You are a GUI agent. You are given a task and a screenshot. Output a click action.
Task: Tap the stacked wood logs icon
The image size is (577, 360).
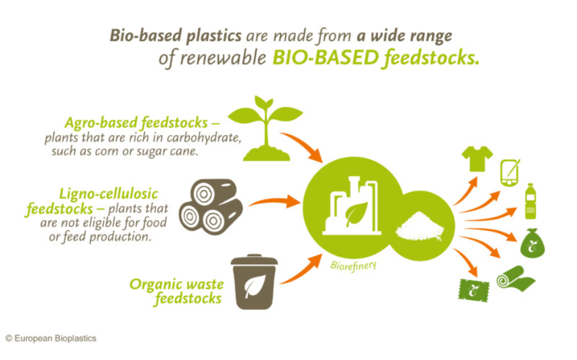[x=211, y=206]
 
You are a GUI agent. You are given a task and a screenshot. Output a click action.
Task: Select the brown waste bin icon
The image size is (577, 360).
[x=254, y=282]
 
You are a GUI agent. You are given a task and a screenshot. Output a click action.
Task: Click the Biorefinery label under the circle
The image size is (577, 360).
[x=354, y=266]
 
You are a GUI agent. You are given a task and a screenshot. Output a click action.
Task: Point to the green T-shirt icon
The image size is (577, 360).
[x=478, y=158]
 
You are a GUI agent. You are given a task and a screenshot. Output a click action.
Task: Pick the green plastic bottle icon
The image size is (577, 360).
[x=530, y=201]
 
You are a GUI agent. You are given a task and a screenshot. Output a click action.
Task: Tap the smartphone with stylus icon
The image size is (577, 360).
[x=510, y=173]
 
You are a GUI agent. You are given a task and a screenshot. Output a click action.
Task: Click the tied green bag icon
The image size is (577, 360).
[x=532, y=243]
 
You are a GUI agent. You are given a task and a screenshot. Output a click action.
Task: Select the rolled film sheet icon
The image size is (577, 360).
[x=515, y=278]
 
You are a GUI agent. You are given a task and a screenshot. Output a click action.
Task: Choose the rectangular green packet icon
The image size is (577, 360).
[x=474, y=291]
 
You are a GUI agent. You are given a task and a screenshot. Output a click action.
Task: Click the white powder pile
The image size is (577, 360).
[x=420, y=226]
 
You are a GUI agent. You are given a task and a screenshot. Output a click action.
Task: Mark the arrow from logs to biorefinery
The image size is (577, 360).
[x=274, y=202]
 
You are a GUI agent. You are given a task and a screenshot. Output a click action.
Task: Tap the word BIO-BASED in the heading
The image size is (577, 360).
[x=325, y=58]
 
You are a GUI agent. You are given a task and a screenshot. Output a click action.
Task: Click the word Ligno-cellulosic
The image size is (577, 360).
[x=109, y=194]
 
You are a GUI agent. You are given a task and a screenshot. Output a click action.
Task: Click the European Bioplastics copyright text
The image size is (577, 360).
[x=51, y=338]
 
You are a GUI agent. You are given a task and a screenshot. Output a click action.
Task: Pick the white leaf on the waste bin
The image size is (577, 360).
[x=255, y=286]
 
